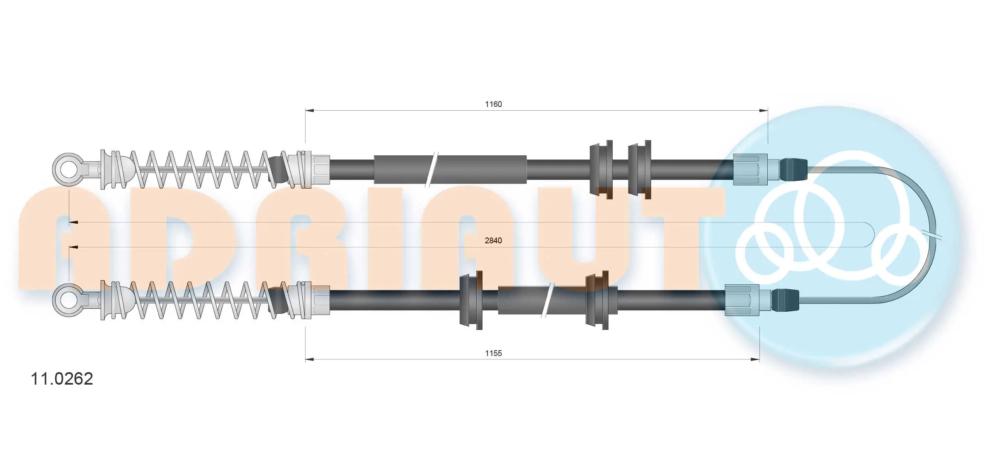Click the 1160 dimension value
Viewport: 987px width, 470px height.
493,104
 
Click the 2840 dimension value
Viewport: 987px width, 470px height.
493,240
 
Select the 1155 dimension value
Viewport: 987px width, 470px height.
493,353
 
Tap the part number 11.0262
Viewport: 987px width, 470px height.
62,379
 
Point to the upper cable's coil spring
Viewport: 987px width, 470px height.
199,170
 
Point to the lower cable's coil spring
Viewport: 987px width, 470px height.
199,300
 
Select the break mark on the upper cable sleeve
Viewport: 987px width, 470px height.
432,169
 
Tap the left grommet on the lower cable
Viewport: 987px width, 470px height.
472,300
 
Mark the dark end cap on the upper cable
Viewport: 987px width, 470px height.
793,170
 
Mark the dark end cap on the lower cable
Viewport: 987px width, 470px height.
785,300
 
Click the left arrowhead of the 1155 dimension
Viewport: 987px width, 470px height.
309,359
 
